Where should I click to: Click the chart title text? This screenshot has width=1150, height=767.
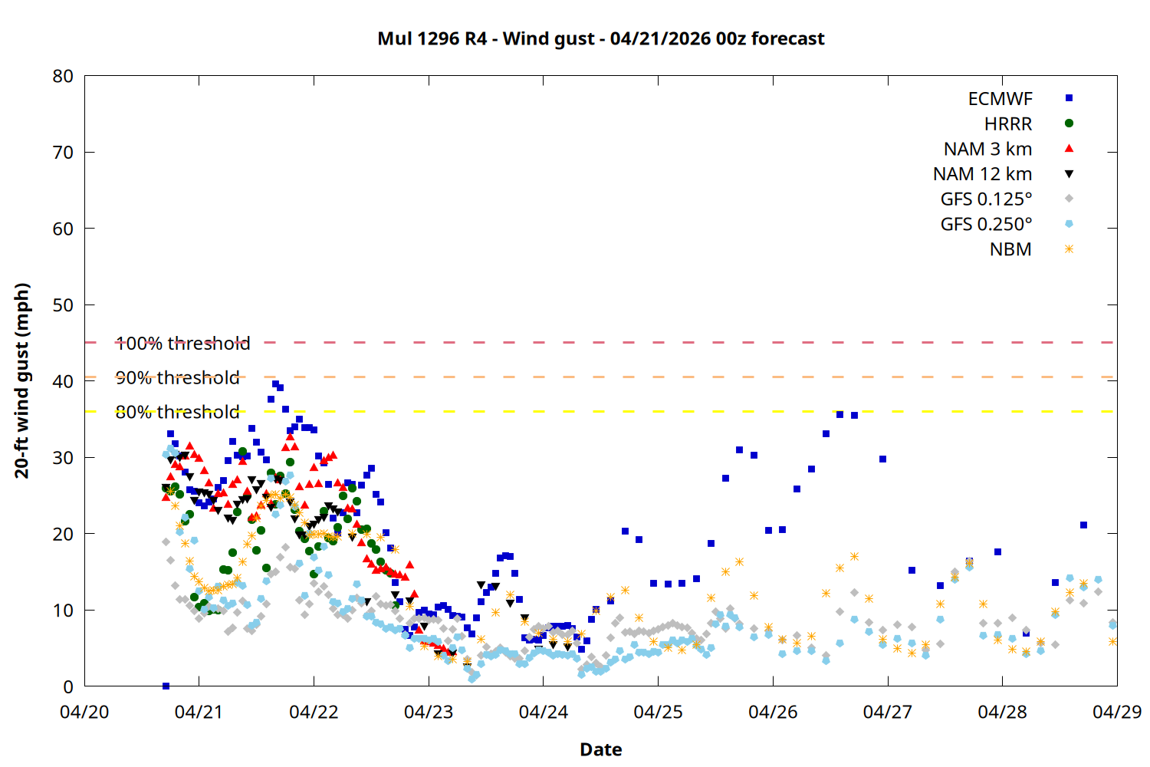600,38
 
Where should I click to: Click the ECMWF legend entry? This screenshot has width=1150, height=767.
1000,99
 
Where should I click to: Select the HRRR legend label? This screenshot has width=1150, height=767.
1007,124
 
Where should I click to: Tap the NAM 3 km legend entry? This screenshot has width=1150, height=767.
987,149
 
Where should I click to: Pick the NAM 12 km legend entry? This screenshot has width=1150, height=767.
982,174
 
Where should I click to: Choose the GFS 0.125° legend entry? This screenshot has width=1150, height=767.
986,199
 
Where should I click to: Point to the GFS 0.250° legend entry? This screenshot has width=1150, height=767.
986,224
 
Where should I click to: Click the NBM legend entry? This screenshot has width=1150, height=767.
1010,249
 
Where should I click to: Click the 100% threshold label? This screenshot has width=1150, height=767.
182,344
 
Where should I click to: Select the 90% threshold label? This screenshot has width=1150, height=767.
177,378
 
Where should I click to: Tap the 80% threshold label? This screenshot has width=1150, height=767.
177,412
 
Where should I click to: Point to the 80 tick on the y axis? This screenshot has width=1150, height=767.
64,76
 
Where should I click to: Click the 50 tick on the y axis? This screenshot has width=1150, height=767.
64,305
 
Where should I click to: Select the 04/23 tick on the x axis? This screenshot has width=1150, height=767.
429,712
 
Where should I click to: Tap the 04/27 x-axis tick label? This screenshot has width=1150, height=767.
887,712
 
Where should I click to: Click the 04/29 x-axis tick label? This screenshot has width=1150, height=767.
1116,712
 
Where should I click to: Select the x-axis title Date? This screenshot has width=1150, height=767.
600,749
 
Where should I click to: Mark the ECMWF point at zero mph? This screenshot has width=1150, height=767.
166,686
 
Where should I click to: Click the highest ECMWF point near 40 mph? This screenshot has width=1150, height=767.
275,384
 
